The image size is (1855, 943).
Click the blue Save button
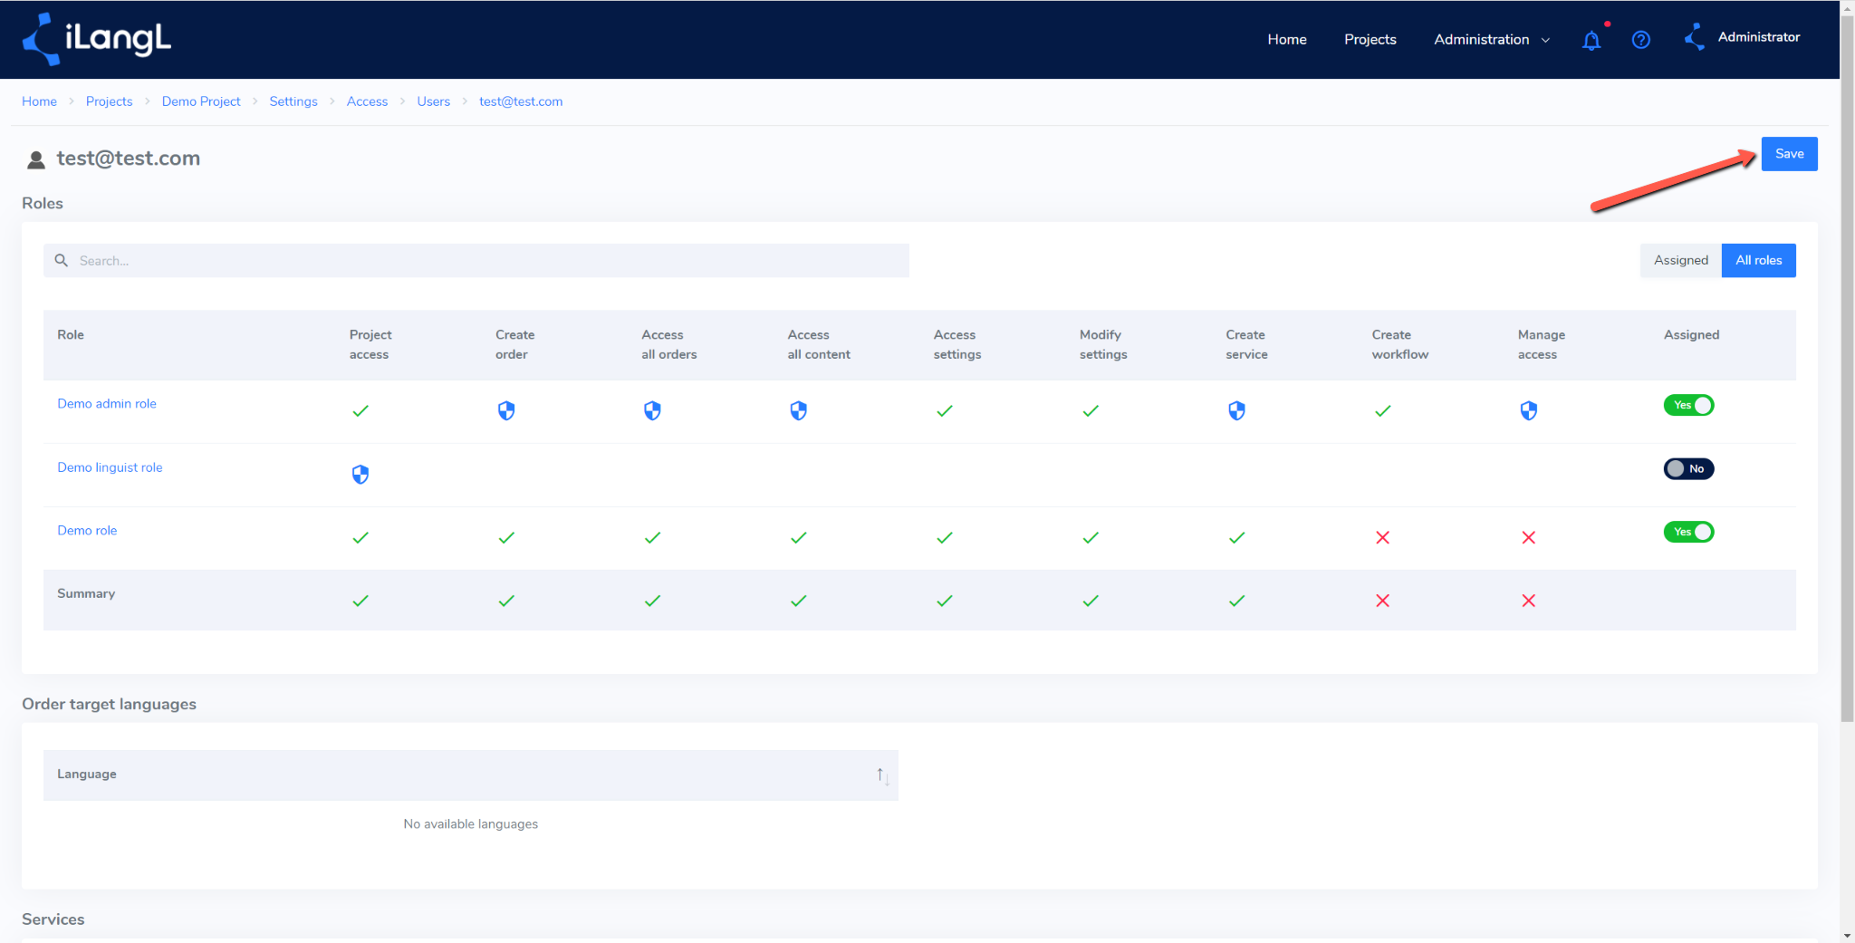click(x=1789, y=154)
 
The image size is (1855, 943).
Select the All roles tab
click(x=1758, y=261)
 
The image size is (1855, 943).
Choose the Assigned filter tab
click(x=1680, y=261)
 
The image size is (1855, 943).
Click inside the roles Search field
click(x=476, y=261)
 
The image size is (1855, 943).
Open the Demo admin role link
click(x=107, y=404)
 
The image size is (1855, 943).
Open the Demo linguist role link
click(x=110, y=467)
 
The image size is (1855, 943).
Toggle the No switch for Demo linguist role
click(x=1688, y=468)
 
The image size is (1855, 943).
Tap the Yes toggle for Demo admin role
click(x=1688, y=405)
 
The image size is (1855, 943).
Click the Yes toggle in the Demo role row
click(x=1688, y=532)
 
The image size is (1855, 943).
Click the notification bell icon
click(x=1591, y=41)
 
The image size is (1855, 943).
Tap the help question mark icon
click(x=1640, y=40)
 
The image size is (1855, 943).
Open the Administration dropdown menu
click(x=1491, y=40)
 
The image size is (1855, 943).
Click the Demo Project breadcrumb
click(x=201, y=101)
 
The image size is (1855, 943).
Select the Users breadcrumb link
click(x=433, y=101)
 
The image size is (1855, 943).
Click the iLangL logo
click(x=97, y=39)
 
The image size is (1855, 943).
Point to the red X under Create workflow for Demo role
click(x=1382, y=538)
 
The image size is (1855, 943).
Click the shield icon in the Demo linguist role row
click(x=360, y=475)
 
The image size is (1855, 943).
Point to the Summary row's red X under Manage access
click(x=1528, y=601)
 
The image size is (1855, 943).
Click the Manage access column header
click(x=1541, y=344)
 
